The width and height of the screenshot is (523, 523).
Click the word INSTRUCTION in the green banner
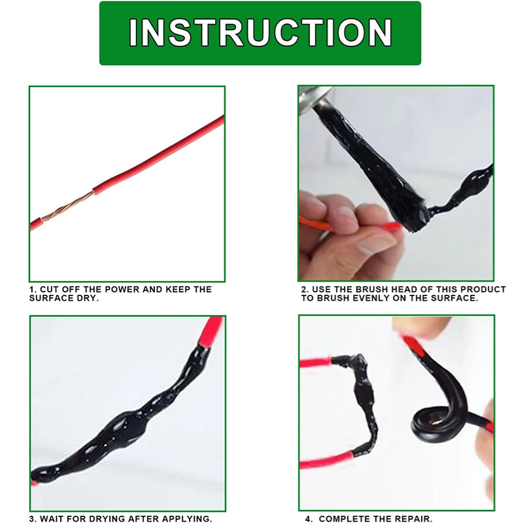260,32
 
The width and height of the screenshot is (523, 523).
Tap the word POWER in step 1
120,289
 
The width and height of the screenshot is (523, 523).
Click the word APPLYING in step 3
188,518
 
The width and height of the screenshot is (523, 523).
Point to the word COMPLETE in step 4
345,518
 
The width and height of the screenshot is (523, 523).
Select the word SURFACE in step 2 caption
455,298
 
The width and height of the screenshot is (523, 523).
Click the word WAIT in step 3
52,518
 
